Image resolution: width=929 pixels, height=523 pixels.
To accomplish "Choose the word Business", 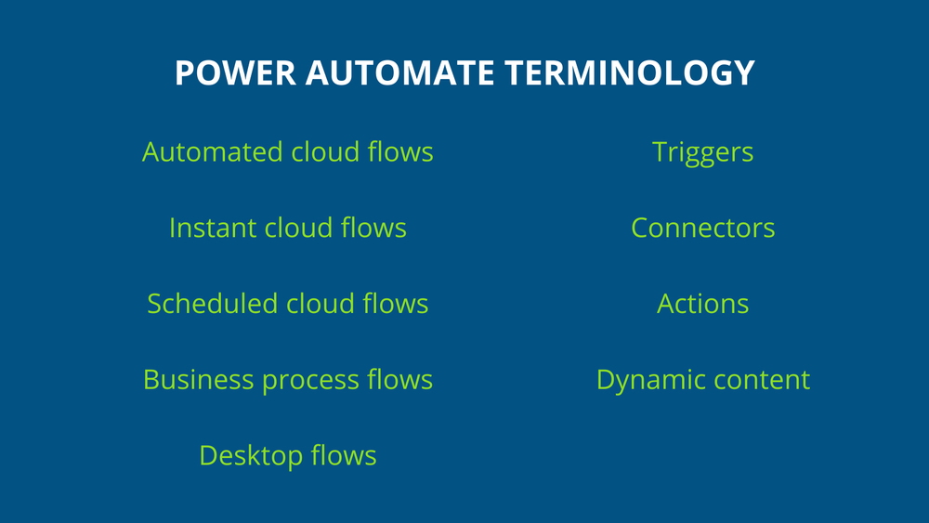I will (198, 380).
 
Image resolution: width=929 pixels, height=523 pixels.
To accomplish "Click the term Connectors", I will (702, 229).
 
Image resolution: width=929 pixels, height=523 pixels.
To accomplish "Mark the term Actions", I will (702, 305).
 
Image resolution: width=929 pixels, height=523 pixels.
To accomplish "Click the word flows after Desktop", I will (344, 456).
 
